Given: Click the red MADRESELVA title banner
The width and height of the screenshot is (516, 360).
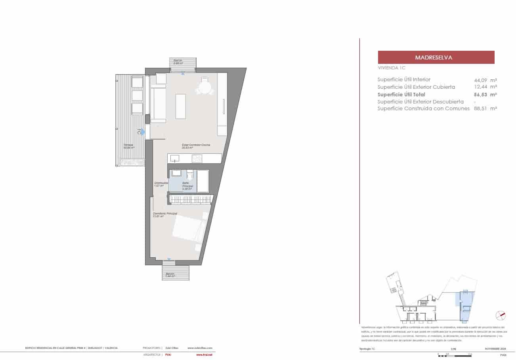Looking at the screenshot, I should point(436,57).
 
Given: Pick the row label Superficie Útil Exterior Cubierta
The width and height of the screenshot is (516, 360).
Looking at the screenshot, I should point(416,87).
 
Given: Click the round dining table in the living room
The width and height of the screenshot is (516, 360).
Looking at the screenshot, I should point(204,88).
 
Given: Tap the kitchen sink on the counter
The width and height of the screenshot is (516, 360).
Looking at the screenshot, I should point(175,159).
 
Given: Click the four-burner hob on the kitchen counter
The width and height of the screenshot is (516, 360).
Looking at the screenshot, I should point(197,159).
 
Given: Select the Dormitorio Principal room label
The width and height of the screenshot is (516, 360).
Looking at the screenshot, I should point(165,214).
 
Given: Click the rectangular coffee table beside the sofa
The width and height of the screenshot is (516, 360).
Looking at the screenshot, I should point(181,106).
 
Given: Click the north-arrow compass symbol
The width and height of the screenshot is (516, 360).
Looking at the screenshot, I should point(501,316).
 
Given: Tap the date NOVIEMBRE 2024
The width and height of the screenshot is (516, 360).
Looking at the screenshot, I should point(495,349).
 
